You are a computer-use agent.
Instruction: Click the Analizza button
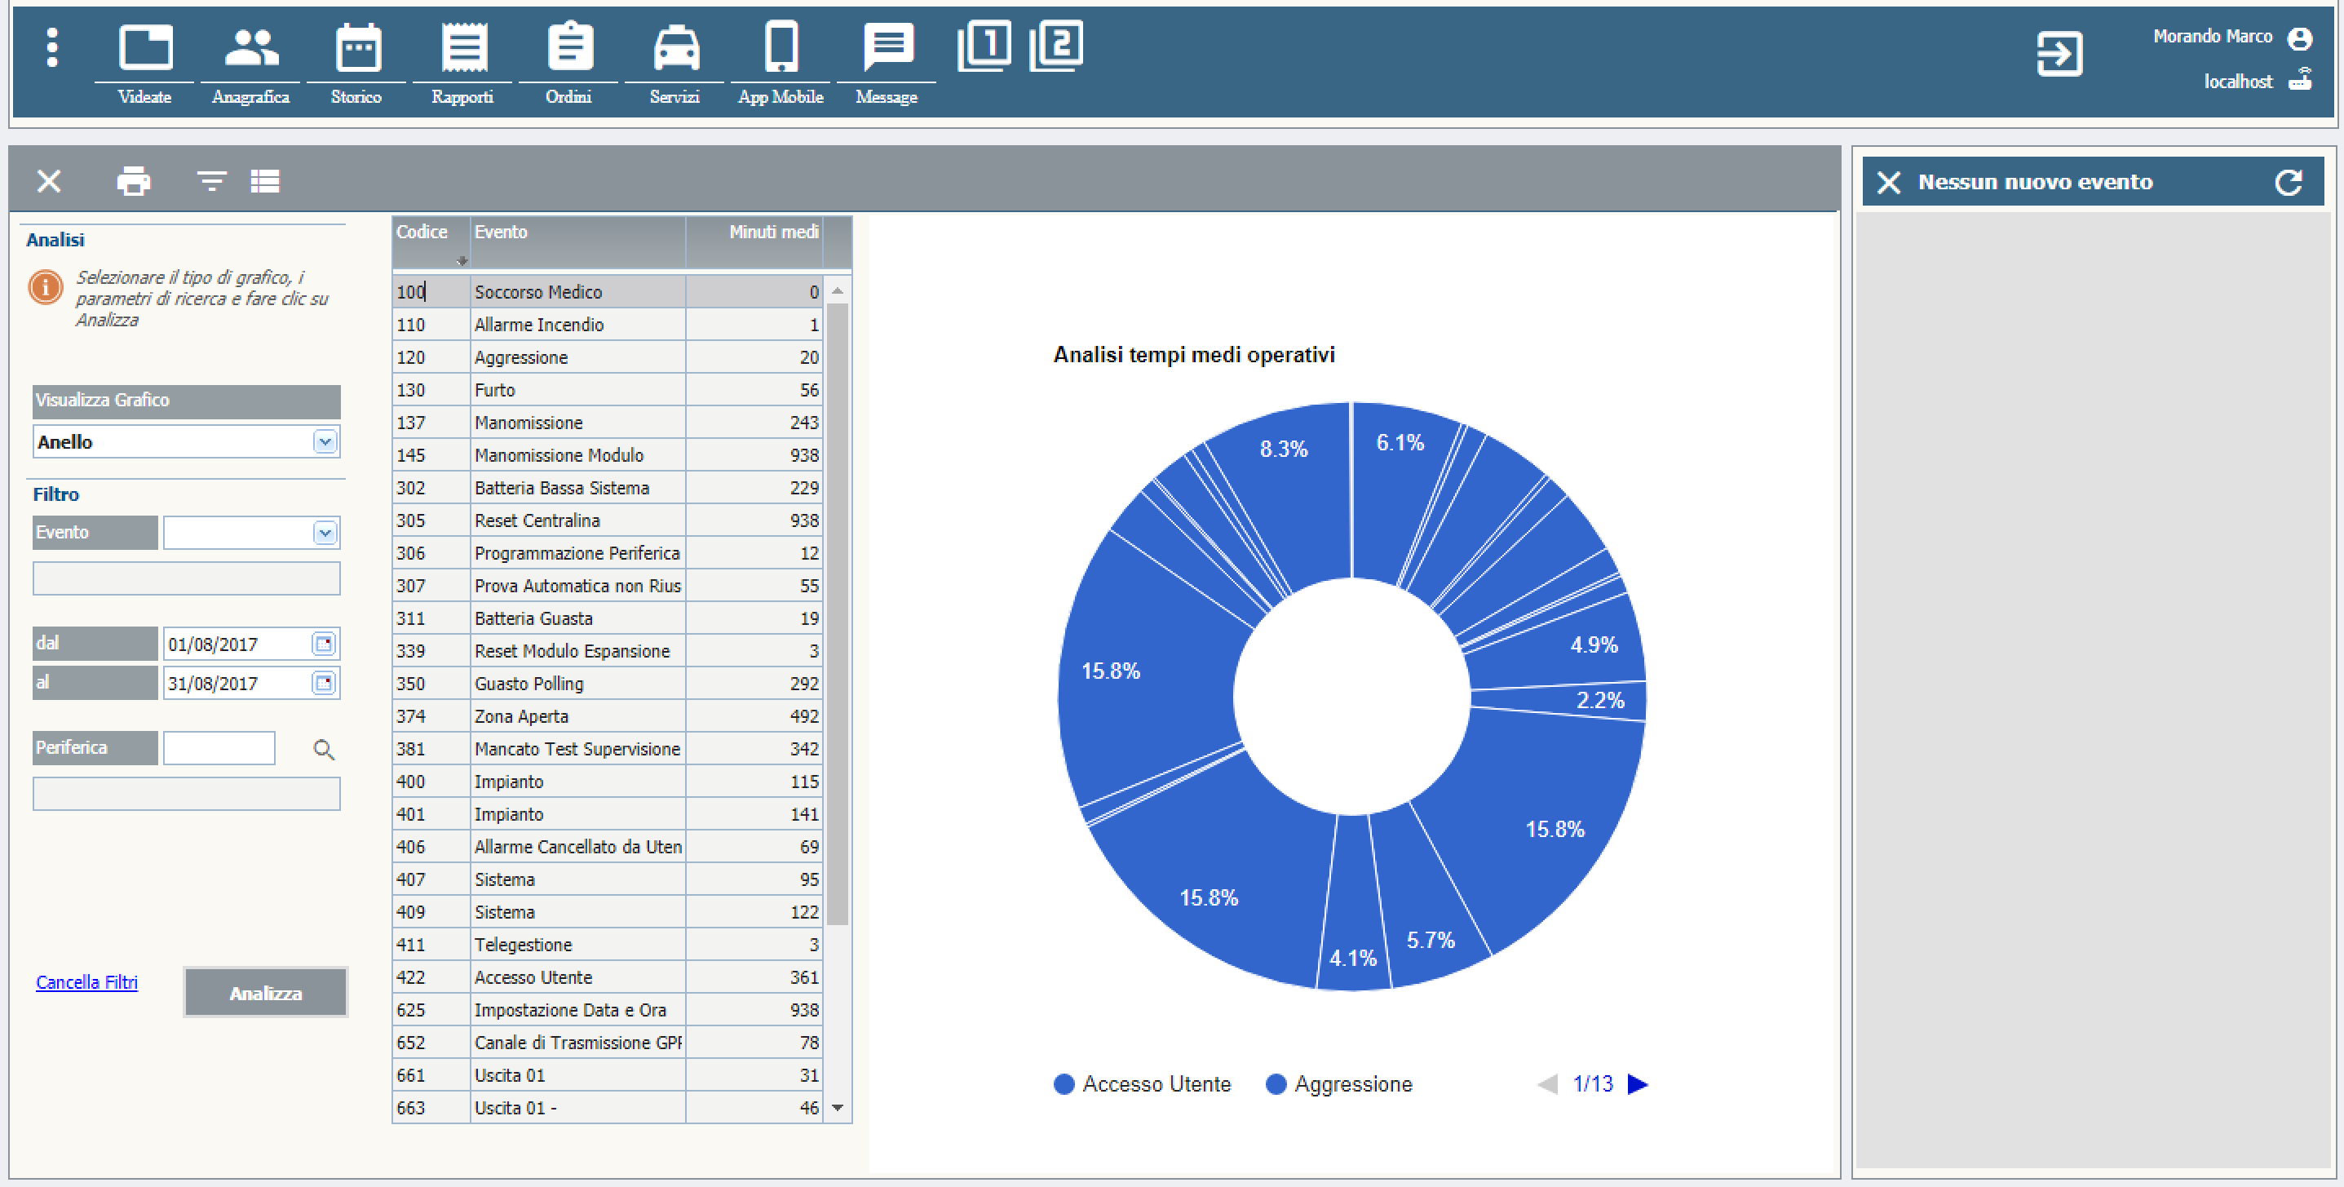(265, 992)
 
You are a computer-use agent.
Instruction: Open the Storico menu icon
(356, 49)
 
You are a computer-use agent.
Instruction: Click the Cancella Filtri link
(86, 982)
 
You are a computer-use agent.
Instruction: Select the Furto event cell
(577, 390)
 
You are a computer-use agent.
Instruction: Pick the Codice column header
(430, 233)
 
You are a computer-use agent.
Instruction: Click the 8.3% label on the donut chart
(1283, 449)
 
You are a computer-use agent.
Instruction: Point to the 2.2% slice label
(1599, 700)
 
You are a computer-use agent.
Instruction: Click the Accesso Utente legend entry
(1142, 1084)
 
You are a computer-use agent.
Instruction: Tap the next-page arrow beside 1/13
(1638, 1084)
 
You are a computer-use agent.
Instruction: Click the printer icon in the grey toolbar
(134, 181)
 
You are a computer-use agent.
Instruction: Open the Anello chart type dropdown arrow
(325, 442)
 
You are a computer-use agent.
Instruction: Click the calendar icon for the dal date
(324, 644)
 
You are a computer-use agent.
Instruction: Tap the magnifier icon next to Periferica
(324, 749)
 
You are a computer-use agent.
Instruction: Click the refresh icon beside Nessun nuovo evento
(2289, 182)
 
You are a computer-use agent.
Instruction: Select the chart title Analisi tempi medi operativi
(1194, 354)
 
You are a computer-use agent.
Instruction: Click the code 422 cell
(430, 977)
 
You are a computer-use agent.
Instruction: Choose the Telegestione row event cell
(577, 944)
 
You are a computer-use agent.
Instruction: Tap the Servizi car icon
(675, 49)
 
